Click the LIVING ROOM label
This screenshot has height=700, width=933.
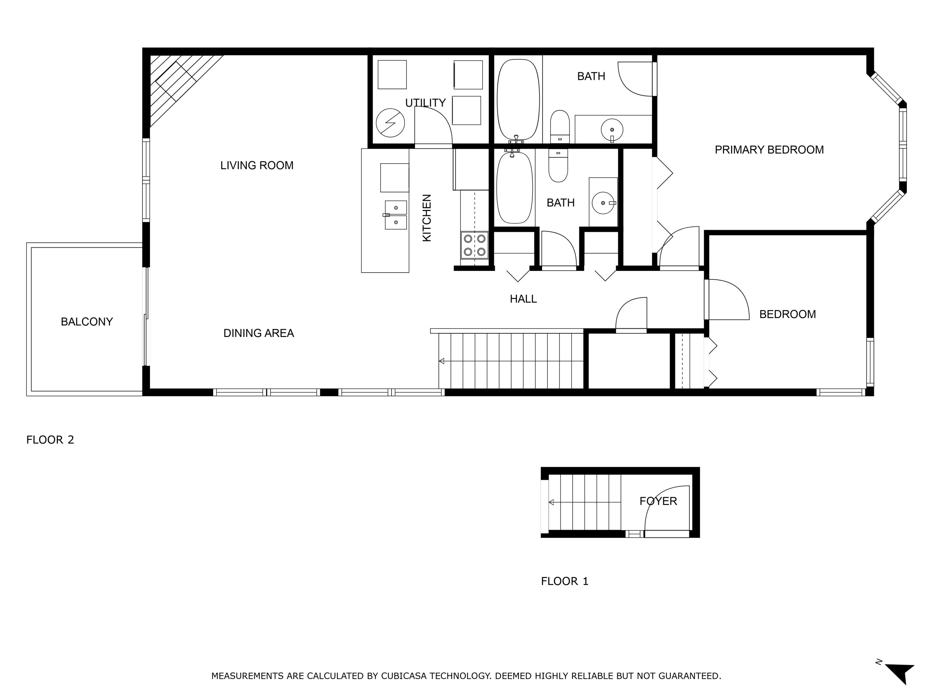tap(257, 166)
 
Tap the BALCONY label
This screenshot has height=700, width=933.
tap(87, 322)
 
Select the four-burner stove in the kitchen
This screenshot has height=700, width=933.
tap(475, 245)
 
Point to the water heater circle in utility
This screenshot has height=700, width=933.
tap(390, 123)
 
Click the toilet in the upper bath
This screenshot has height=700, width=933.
tap(560, 127)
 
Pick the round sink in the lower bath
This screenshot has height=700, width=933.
tap(603, 203)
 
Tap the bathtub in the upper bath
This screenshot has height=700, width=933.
tap(518, 100)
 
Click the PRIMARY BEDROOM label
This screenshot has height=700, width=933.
tap(769, 150)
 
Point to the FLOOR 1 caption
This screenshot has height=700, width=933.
tap(564, 581)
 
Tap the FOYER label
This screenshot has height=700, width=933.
tap(658, 501)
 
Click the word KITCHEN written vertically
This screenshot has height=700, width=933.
tap(427, 218)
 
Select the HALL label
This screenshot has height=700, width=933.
tap(523, 299)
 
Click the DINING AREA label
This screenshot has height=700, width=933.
tap(258, 333)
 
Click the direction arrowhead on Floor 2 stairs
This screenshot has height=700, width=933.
tap(442, 361)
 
